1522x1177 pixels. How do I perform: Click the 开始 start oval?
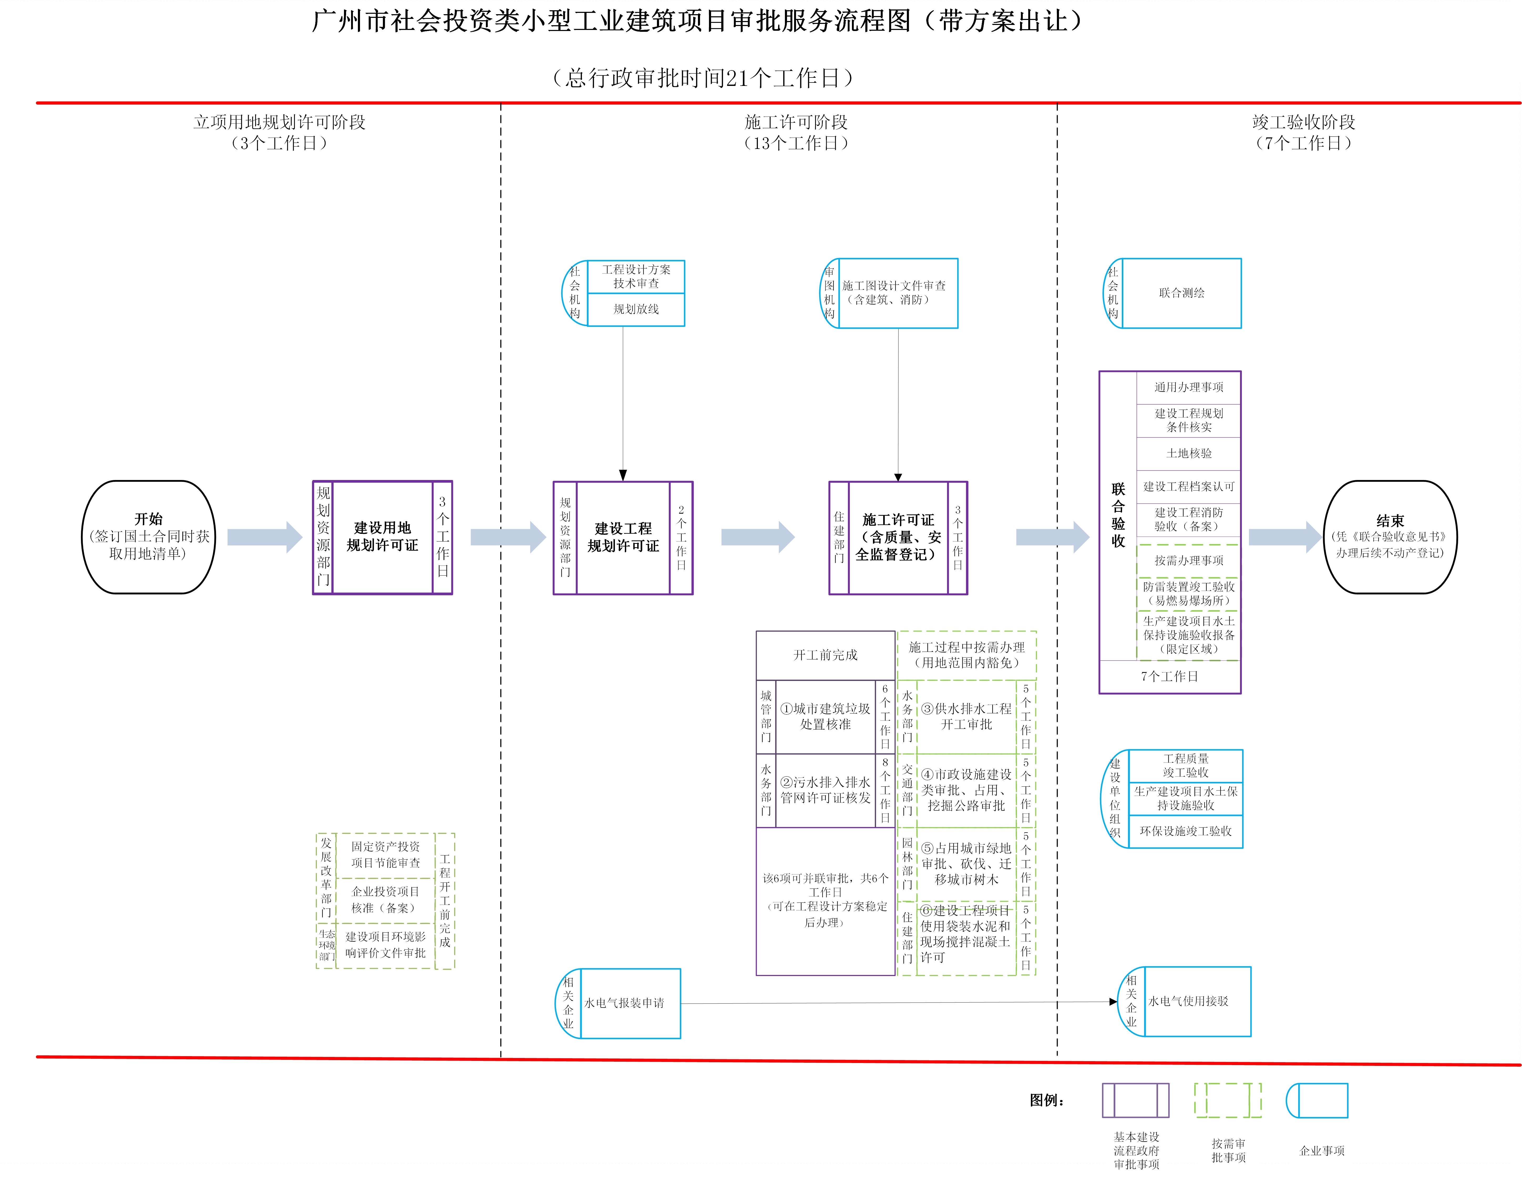(x=148, y=536)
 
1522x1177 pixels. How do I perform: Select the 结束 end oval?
(x=1390, y=536)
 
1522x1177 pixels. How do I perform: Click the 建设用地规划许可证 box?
(x=382, y=536)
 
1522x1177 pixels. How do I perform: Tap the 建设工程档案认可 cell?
(x=1188, y=486)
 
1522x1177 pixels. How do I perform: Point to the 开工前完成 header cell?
(x=825, y=655)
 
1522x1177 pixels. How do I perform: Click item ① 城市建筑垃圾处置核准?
(x=825, y=716)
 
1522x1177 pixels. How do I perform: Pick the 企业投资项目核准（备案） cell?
(x=385, y=900)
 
